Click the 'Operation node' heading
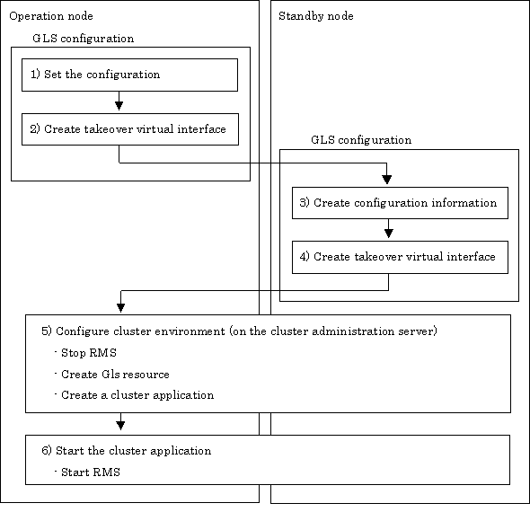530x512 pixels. point(51,16)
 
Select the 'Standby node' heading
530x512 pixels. point(316,16)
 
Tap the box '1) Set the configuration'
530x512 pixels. point(129,75)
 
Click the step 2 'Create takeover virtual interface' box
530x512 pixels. point(130,129)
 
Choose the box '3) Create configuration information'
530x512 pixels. point(400,203)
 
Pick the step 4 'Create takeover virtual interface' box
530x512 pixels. point(400,257)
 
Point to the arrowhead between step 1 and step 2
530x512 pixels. point(119,106)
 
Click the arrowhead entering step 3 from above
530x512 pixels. point(387,180)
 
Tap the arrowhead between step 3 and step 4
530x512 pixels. point(389,234)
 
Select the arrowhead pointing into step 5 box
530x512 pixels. point(120,307)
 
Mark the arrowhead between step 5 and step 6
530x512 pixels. point(120,426)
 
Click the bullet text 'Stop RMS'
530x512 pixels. point(89,353)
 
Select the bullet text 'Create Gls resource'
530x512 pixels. point(115,374)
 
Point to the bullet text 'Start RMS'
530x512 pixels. point(91,472)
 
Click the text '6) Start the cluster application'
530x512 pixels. point(127,451)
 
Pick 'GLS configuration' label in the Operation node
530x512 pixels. point(84,39)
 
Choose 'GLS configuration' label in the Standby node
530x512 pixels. point(361,140)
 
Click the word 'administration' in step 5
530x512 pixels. point(353,331)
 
